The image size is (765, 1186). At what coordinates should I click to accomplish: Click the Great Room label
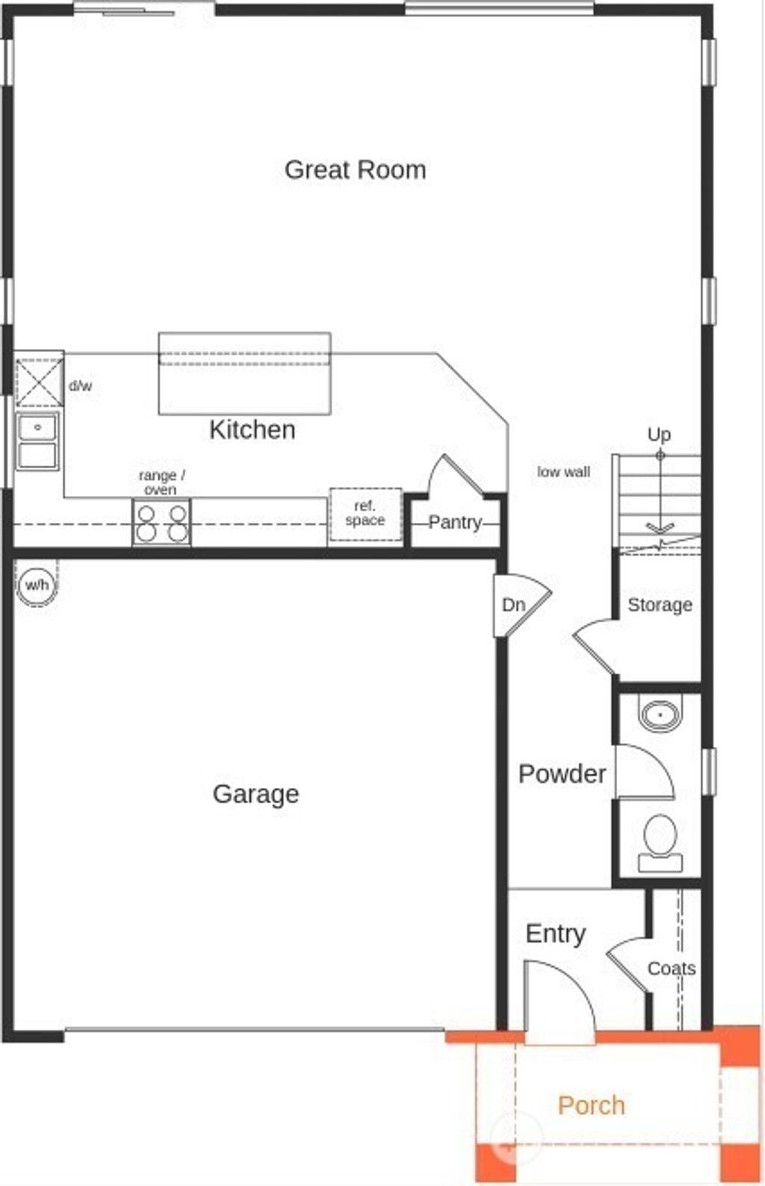(355, 170)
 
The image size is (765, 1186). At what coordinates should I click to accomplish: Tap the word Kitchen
(252, 429)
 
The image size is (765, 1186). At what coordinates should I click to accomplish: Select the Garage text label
(255, 793)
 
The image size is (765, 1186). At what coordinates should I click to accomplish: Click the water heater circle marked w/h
(36, 584)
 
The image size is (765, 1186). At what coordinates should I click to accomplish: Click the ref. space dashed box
(365, 514)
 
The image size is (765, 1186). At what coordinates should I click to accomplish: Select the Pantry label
(454, 522)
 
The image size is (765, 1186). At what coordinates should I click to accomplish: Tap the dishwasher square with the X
(40, 382)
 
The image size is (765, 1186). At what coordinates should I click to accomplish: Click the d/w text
(80, 386)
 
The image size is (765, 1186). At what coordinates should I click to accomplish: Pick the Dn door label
(513, 604)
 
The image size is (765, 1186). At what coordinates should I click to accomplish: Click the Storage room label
(659, 605)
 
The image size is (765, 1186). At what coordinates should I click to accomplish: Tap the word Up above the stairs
(659, 434)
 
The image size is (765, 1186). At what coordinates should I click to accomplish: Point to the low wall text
(563, 472)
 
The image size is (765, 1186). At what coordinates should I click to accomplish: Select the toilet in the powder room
(660, 842)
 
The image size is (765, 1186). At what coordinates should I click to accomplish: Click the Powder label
(562, 774)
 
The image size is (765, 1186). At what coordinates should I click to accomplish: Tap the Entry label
(555, 934)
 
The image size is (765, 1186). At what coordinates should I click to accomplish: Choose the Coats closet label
(671, 969)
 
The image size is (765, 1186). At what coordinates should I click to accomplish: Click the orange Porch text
(591, 1105)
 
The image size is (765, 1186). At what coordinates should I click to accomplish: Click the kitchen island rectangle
(244, 373)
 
